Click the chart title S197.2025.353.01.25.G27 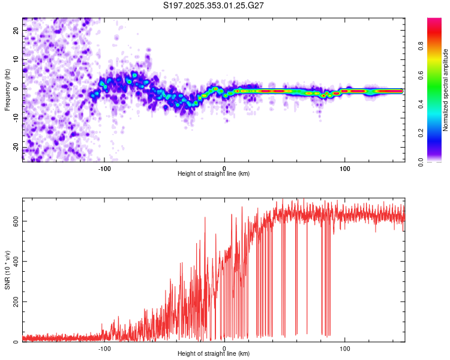tap(214, 5)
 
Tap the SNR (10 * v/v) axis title tap(7, 270)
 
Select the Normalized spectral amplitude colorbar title tap(445, 90)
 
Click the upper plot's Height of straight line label tap(214, 173)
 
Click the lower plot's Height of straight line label tap(214, 353)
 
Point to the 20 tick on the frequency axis tap(16, 31)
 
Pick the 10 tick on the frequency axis tap(16, 60)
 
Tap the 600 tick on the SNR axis tap(16, 221)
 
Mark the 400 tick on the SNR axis tap(16, 261)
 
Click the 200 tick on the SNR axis tap(16, 302)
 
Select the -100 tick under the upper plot tap(104, 168)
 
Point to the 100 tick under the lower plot tap(345, 348)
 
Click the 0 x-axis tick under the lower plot tap(224, 348)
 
